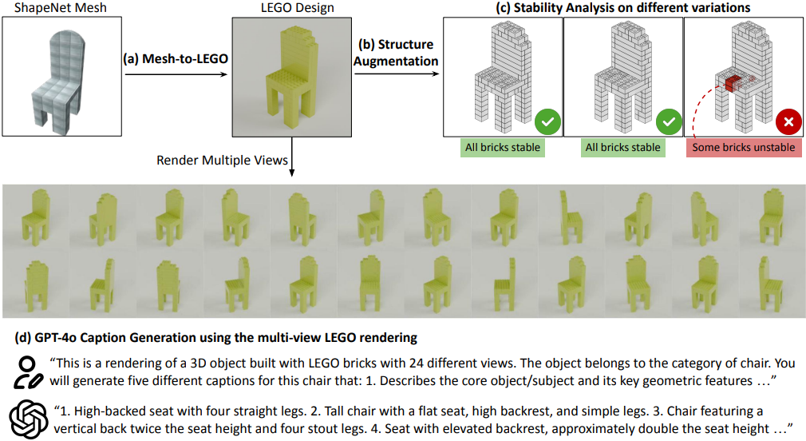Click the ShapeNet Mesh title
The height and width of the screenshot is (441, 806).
coord(61,8)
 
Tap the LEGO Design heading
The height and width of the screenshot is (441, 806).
coord(297,8)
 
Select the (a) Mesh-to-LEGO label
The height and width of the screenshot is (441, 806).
coord(176,58)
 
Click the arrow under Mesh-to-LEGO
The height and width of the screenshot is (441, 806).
coord(176,74)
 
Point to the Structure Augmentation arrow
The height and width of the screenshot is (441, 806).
coord(397,73)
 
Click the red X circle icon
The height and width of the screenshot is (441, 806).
coord(788,122)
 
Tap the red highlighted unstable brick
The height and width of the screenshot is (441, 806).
coord(733,83)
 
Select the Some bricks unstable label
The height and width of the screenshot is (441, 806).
coord(743,148)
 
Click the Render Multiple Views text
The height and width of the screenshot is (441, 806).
coord(222,161)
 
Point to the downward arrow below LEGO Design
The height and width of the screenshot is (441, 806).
coord(291,157)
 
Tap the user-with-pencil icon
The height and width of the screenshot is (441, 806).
coord(27,372)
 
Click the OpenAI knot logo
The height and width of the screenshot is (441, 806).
coord(29,419)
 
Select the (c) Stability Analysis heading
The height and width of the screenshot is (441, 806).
coord(622,8)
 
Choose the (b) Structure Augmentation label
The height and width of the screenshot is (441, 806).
coord(396,53)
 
